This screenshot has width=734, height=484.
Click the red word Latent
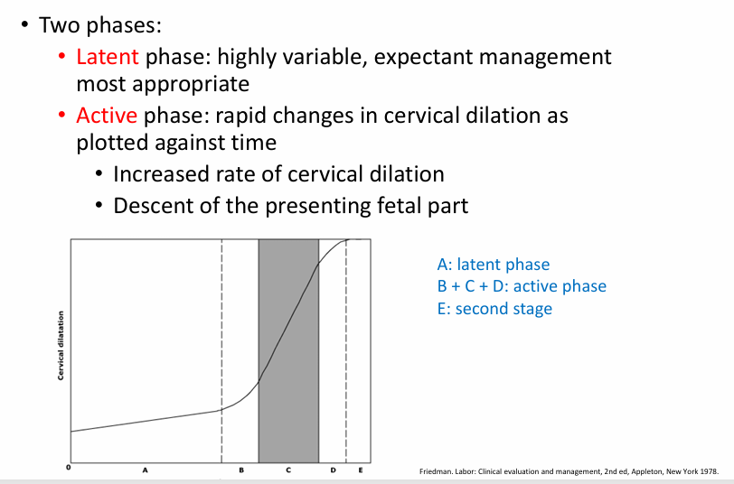[107, 57]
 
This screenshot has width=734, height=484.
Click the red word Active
[107, 116]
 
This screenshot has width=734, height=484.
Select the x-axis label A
[145, 471]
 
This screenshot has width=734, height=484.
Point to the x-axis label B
[240, 471]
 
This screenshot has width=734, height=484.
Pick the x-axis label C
[288, 471]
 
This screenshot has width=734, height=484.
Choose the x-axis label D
[333, 471]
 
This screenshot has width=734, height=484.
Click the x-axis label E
[361, 471]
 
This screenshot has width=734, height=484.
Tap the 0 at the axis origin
[68, 469]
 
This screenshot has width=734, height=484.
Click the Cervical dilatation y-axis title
[61, 346]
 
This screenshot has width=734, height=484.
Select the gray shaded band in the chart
[288, 352]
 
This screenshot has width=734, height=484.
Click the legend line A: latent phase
[493, 265]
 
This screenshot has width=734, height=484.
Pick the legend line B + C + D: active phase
[521, 286]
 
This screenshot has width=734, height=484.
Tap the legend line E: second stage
[494, 309]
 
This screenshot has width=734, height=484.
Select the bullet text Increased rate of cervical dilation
[278, 174]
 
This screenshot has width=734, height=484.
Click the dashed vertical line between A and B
[221, 352]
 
